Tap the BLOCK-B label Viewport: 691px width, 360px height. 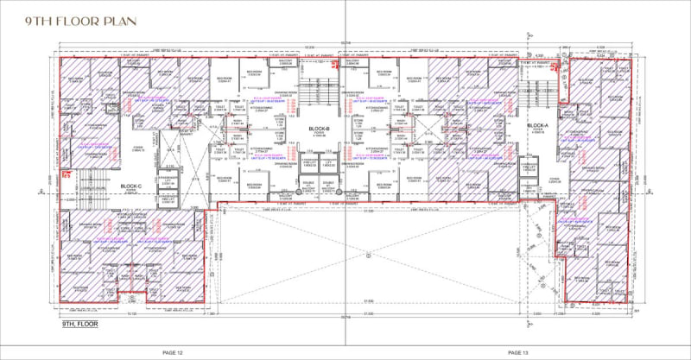click(x=317, y=129)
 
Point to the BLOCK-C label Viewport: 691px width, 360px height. click(x=130, y=186)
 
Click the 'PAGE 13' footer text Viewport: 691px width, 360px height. click(x=517, y=352)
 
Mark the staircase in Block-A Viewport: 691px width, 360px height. click(x=534, y=91)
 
